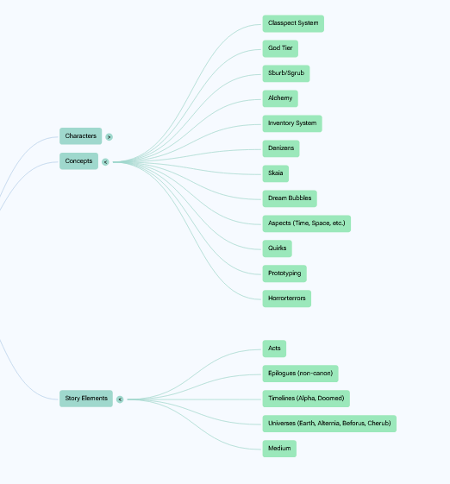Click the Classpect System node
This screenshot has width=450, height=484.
(x=293, y=23)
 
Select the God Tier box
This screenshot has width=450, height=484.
(x=280, y=48)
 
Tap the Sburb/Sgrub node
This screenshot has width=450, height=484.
(x=286, y=73)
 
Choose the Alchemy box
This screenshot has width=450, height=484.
(x=280, y=98)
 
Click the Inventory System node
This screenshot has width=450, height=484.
(x=292, y=123)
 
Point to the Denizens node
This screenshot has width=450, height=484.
(x=281, y=148)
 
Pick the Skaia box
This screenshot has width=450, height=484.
(x=275, y=173)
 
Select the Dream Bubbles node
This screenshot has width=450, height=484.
(x=290, y=198)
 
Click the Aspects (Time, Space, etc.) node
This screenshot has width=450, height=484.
(x=307, y=223)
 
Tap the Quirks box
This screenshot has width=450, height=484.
(x=277, y=248)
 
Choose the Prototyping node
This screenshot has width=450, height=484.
(x=284, y=273)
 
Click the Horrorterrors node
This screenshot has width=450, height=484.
(x=286, y=299)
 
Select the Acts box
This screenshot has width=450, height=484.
(x=274, y=349)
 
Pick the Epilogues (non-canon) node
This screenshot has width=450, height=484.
(x=300, y=374)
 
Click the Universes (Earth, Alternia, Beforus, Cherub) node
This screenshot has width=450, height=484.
(x=329, y=424)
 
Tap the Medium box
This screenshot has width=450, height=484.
(x=279, y=449)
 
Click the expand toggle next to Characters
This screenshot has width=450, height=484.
(x=109, y=136)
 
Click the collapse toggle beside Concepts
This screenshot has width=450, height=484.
(x=105, y=162)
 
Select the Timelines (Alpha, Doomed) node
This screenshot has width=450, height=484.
(x=306, y=399)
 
